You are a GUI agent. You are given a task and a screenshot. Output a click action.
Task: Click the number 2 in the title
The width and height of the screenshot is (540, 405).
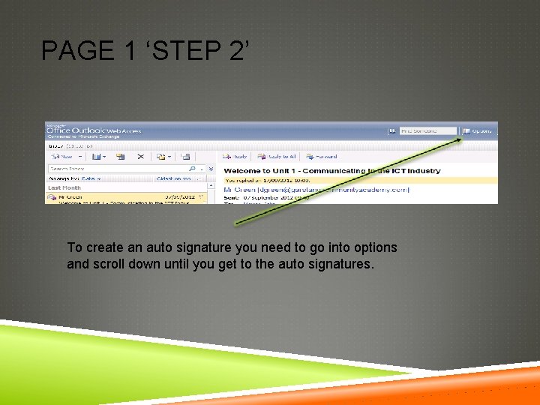pyautogui.click(x=234, y=52)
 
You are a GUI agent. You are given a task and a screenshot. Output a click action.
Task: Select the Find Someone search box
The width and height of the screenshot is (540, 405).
pyautogui.click(x=427, y=130)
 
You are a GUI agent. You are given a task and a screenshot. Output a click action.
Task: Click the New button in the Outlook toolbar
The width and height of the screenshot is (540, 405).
pyautogui.click(x=63, y=157)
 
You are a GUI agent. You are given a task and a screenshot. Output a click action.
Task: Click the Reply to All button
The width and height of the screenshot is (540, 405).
pyautogui.click(x=277, y=157)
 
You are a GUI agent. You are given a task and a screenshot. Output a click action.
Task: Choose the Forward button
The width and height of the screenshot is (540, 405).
pyautogui.click(x=322, y=157)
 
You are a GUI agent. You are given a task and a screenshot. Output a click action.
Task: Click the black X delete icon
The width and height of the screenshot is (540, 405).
pyautogui.click(x=140, y=157)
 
